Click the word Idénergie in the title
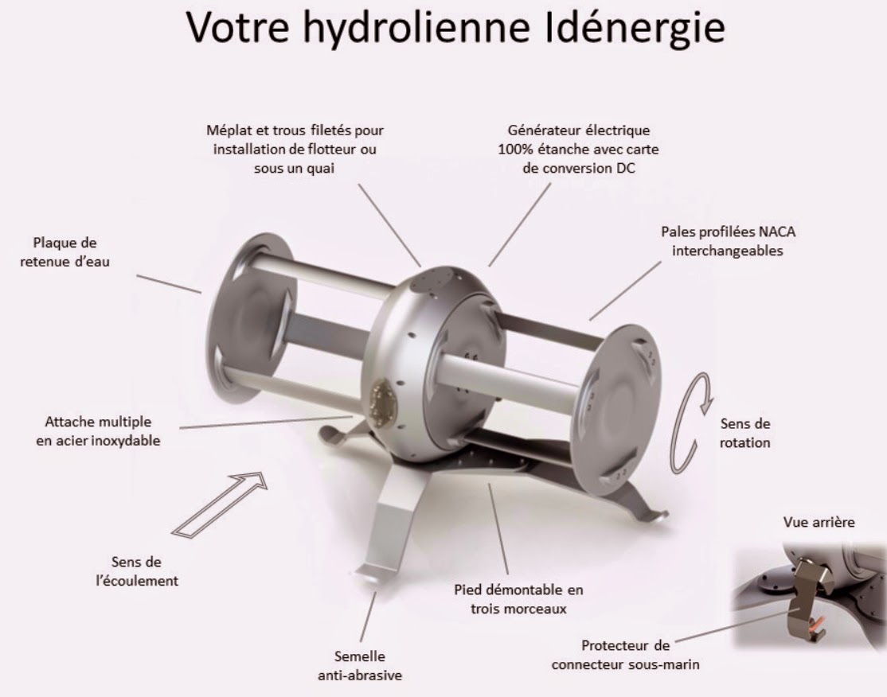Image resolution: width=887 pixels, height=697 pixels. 635,28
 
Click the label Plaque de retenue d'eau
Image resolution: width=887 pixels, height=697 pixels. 64,252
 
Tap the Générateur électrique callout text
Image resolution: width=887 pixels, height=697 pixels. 578,150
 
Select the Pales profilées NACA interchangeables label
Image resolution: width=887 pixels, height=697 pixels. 728,241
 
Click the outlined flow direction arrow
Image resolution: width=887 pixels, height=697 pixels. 220,504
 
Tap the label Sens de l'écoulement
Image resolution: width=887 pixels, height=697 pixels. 136,571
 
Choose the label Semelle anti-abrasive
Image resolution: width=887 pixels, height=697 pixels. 360,666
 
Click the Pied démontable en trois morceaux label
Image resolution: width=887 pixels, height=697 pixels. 518,599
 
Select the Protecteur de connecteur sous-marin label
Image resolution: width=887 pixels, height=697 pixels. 626,655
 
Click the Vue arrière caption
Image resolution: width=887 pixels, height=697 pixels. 819,522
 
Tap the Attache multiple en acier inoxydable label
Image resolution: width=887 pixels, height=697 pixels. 98,431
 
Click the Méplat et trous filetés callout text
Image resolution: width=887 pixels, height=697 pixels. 295,150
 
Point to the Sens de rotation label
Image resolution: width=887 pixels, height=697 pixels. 745,433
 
